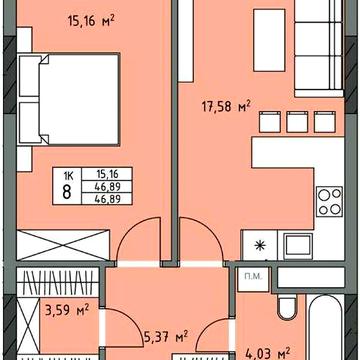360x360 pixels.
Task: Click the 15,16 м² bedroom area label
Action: pos(91,21)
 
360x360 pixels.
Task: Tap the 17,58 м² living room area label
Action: pos(226,107)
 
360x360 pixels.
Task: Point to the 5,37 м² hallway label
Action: pos(166,336)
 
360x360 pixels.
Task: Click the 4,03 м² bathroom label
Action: pos(268,353)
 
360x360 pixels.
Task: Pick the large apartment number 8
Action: pos(67,192)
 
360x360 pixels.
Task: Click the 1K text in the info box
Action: pos(67,174)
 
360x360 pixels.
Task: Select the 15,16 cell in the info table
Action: pos(107,174)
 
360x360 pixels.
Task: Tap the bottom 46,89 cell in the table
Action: pos(107,199)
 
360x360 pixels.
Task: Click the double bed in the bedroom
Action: pos(69,99)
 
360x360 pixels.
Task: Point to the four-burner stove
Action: pos(330,201)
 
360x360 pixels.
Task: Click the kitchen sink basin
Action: pos(298,246)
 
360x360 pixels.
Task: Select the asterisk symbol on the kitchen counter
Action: pos(259,246)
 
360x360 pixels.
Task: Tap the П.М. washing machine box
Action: pos(253,279)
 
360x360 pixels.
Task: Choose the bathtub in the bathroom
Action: pos(326,327)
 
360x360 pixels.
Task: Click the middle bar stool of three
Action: pos(297,122)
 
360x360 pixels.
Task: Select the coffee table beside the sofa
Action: pos(269,40)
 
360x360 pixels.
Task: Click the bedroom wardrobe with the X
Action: pos(63,245)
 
